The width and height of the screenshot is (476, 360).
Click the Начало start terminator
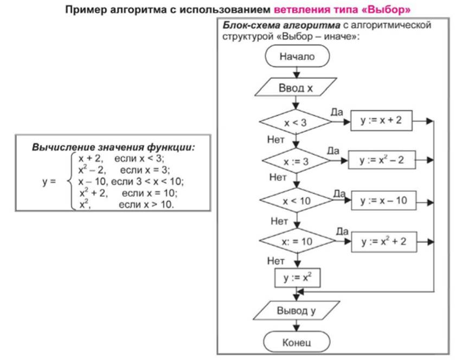297,56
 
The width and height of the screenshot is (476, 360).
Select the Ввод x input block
295,87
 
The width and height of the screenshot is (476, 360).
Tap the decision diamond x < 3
296,122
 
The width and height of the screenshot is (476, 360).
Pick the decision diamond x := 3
296,161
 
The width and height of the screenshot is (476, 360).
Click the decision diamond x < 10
297,201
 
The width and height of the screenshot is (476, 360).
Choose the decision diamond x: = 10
297,241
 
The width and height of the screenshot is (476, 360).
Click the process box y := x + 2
381,120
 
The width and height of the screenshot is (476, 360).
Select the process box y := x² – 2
382,159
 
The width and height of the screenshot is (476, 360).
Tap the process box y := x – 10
384,201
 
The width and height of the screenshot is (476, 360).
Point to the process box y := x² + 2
384,242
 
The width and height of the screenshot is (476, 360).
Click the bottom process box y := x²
297,278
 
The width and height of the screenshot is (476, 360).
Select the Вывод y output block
297,311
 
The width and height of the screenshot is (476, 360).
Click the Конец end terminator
297,342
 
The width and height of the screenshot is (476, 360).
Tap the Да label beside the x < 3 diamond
337,112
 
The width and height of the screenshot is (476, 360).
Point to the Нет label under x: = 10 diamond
276,261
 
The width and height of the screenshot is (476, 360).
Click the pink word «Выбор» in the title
386,10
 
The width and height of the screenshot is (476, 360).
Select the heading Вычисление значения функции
113,147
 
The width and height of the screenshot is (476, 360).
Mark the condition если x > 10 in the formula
146,204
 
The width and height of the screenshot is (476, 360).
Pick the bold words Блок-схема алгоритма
281,25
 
